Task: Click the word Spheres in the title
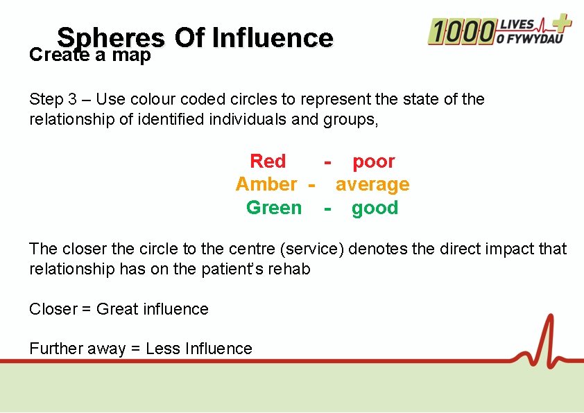click(x=111, y=38)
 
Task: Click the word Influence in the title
click(x=273, y=38)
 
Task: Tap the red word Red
click(x=268, y=161)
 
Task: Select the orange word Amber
click(x=266, y=184)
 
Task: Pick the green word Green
click(x=274, y=208)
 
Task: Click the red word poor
click(x=374, y=161)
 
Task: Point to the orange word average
click(x=372, y=185)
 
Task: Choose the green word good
click(x=375, y=208)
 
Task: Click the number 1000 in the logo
click(x=461, y=31)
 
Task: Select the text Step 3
click(x=54, y=99)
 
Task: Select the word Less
click(x=164, y=349)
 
